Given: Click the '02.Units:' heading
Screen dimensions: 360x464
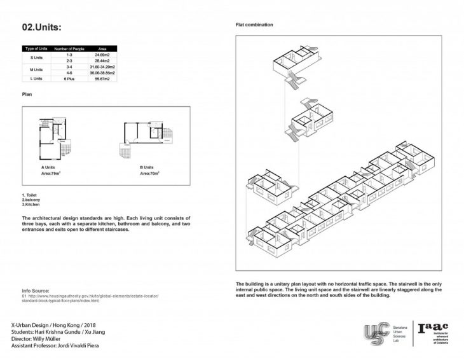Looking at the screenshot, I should point(43,27).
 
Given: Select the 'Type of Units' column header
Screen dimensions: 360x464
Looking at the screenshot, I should point(36,48).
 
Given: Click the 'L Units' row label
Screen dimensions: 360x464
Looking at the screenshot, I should point(36,78).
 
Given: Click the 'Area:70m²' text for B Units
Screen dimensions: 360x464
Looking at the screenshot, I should point(149,172).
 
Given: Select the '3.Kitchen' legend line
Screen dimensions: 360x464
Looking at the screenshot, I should point(31,205).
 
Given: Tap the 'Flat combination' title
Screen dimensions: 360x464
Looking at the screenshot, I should point(254,25).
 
